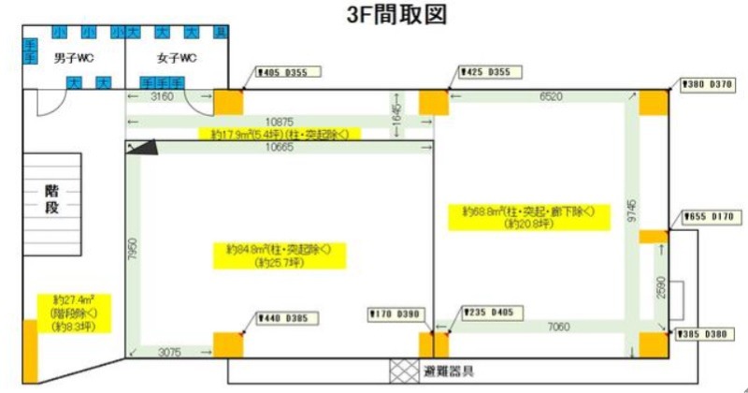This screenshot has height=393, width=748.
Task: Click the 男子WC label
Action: [x=72, y=58]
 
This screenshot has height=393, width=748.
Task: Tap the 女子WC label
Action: [x=175, y=58]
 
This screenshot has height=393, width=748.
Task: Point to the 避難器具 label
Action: [x=448, y=369]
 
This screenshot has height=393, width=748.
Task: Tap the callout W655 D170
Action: [x=711, y=217]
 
